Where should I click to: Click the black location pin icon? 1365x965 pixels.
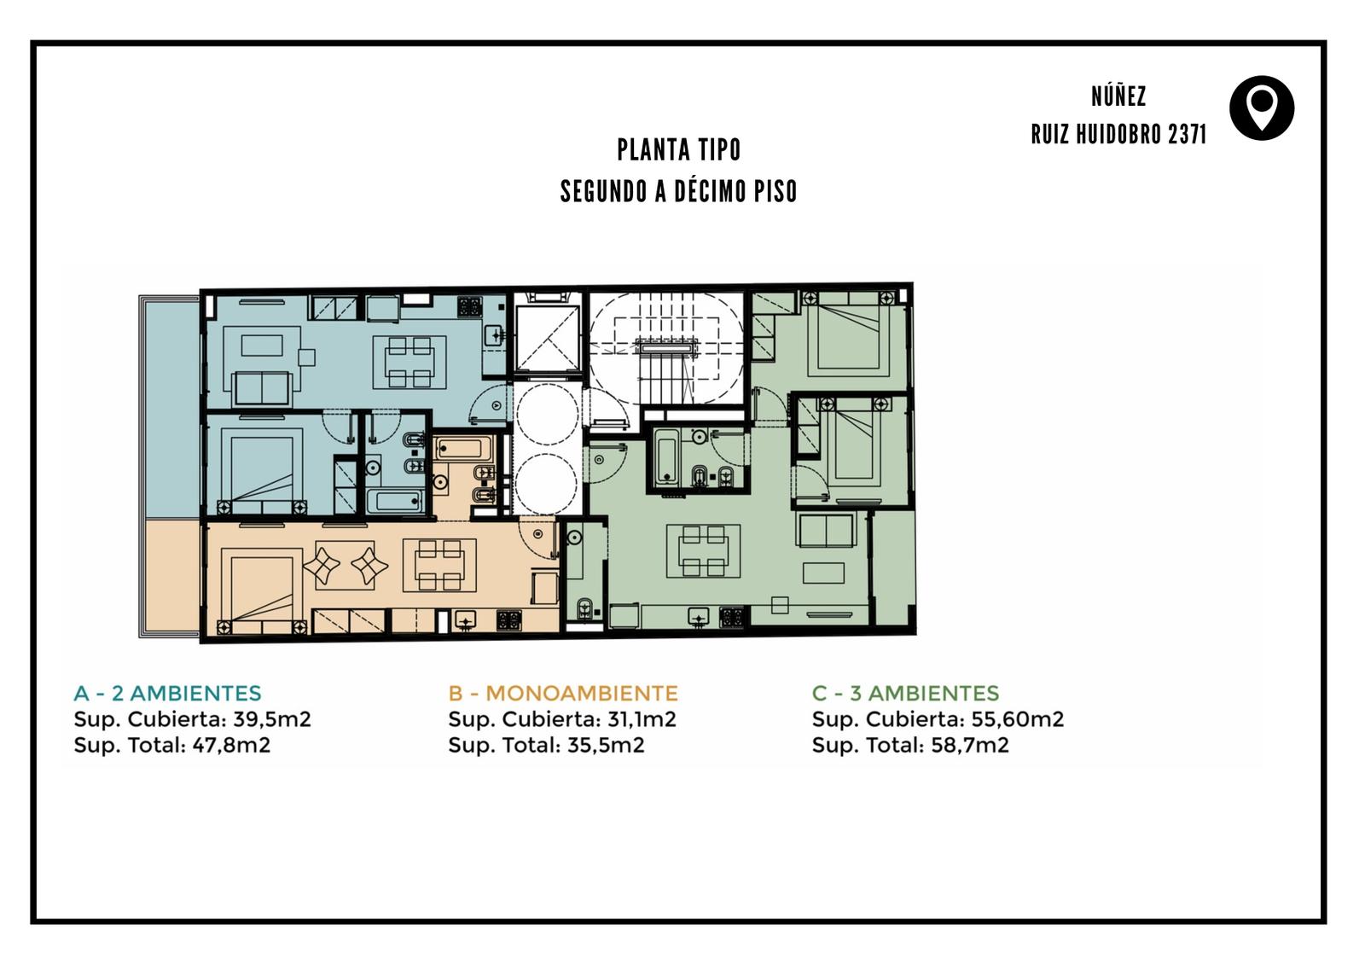[x=1262, y=108]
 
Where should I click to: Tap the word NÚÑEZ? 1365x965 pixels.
[x=1118, y=96]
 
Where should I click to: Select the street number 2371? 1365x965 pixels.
[x=1187, y=134]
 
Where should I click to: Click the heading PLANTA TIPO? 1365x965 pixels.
[x=679, y=150]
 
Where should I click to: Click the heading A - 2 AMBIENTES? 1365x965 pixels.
[x=167, y=693]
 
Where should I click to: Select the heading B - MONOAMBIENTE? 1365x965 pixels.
[x=563, y=693]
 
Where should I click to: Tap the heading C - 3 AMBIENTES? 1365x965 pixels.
[x=905, y=693]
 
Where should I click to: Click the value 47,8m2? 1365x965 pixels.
[x=231, y=745]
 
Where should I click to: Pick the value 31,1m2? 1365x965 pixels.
[x=642, y=719]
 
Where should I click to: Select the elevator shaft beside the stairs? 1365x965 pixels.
[x=547, y=339]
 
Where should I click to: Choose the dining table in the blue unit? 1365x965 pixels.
[x=409, y=362]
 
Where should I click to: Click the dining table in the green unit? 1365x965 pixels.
[x=703, y=551]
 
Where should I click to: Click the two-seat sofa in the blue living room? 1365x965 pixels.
[x=262, y=388]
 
